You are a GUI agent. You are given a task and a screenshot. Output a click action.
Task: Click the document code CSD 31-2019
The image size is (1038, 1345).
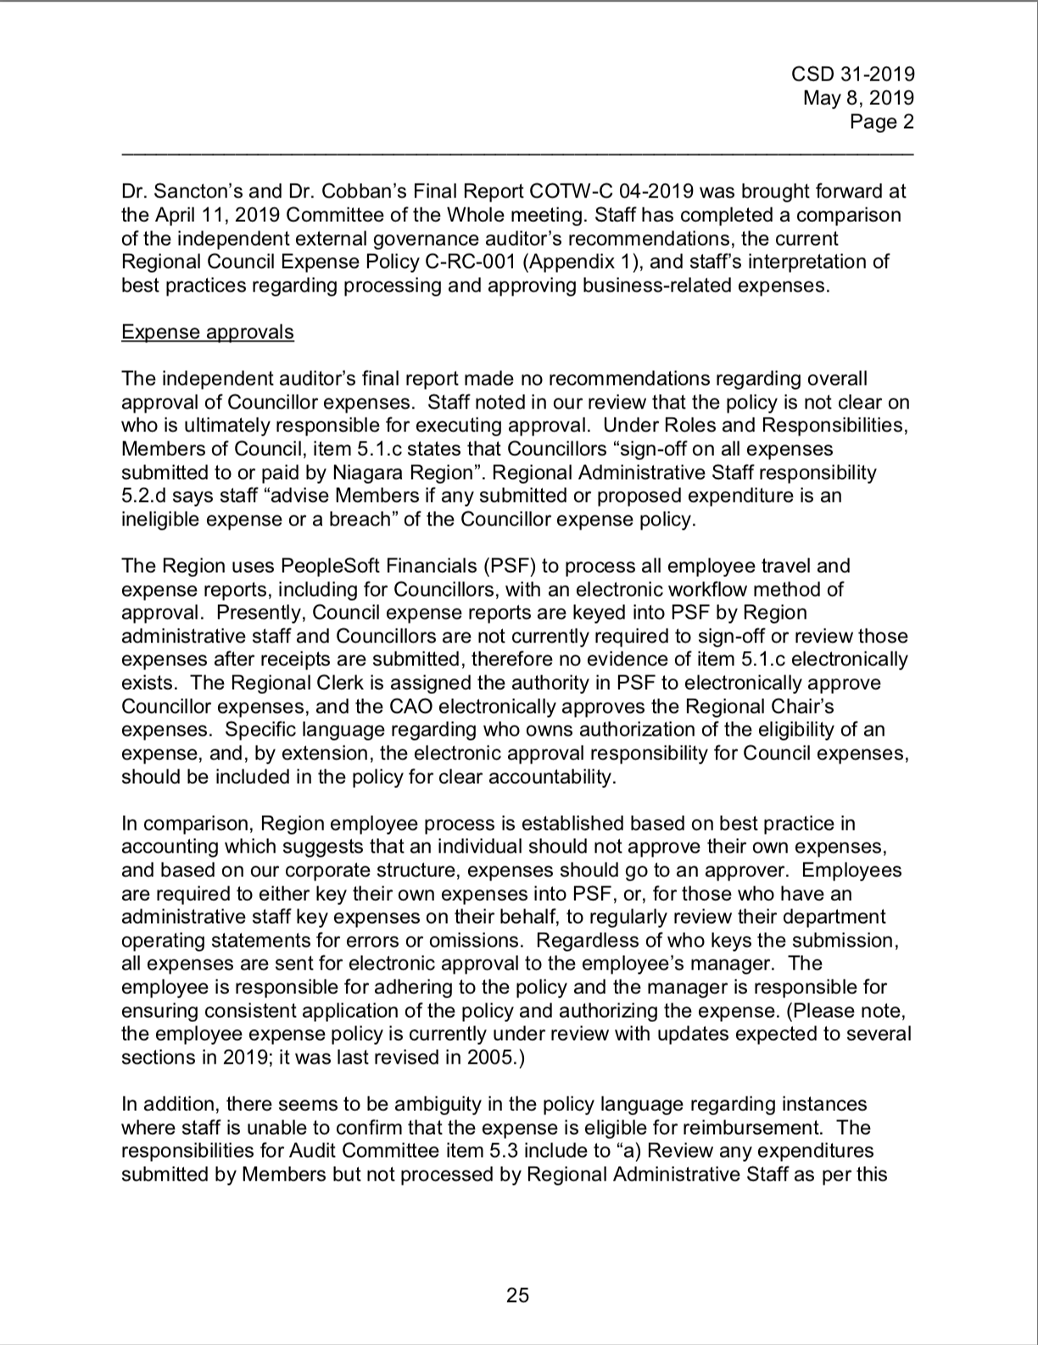click(852, 75)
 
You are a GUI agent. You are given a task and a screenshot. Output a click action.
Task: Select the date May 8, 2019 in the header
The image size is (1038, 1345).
click(858, 98)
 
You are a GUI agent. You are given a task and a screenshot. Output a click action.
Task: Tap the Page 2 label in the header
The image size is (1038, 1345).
click(882, 122)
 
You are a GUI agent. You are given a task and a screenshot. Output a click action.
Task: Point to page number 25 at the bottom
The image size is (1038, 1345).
click(518, 1295)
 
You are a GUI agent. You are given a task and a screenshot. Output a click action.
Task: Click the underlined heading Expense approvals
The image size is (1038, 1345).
click(208, 331)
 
